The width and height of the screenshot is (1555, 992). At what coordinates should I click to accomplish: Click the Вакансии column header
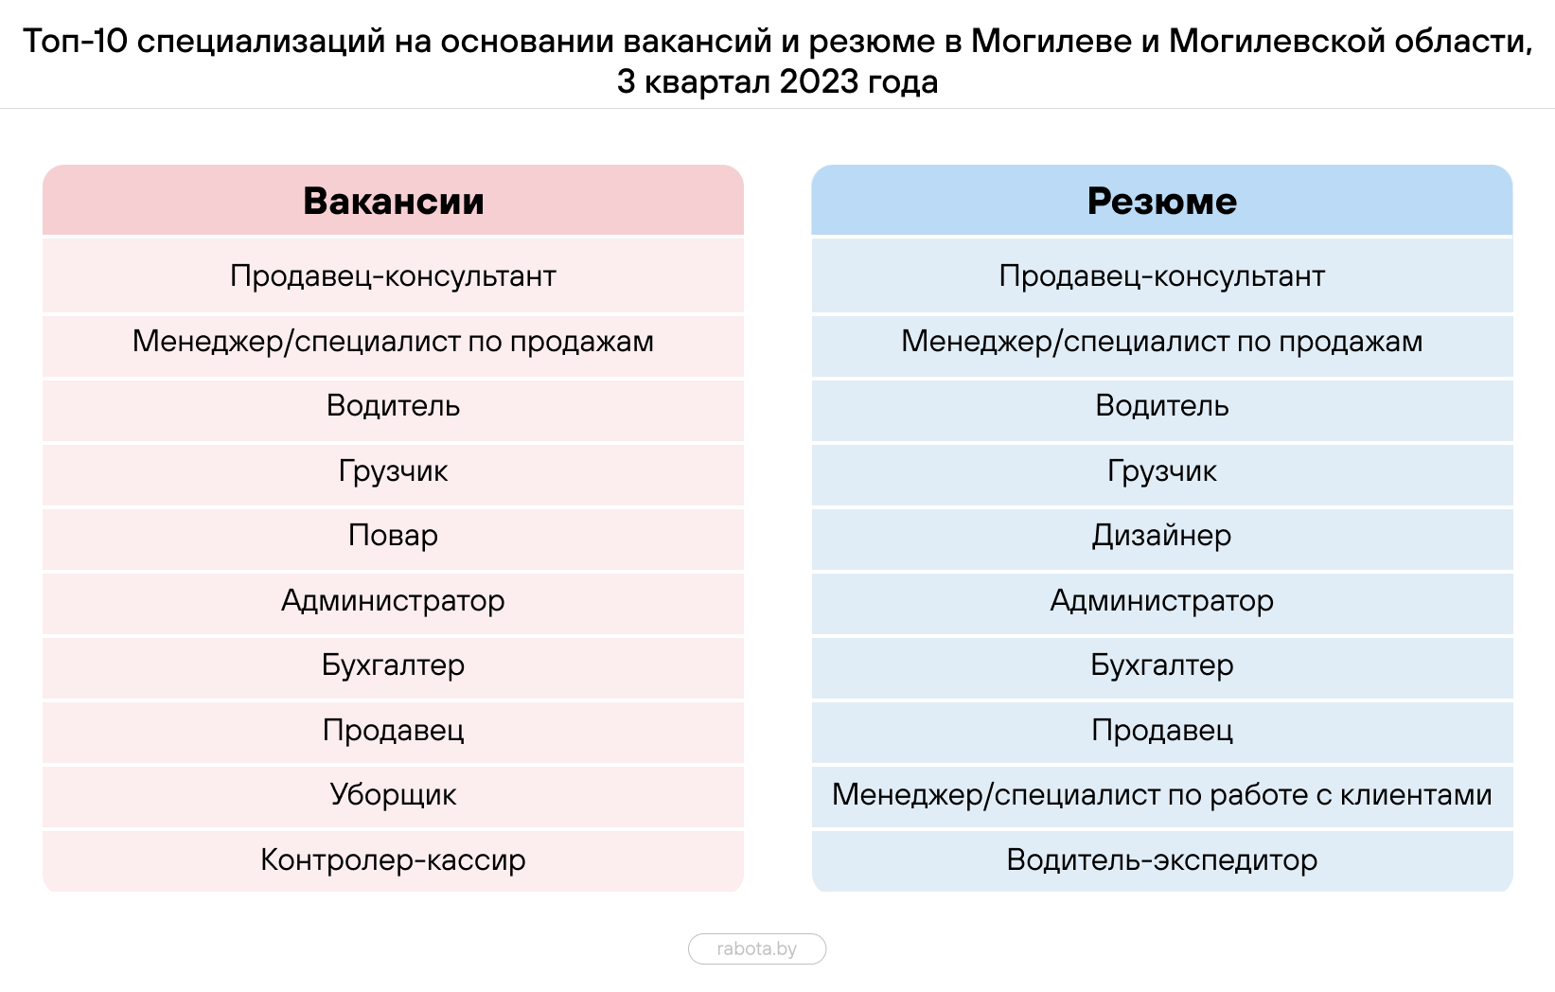[393, 202]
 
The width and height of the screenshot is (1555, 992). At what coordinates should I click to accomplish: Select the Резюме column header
[1161, 202]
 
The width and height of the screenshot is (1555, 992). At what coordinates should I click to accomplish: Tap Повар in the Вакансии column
[393, 536]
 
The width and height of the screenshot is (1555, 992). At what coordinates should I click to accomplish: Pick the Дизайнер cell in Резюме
[1161, 536]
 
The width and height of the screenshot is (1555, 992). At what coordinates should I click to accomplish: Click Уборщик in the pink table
[393, 795]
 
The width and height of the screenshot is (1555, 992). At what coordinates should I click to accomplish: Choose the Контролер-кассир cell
[393, 860]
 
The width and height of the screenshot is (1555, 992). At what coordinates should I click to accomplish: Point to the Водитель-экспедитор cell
[1161, 860]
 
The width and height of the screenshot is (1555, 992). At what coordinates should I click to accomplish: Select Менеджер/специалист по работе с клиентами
[1161, 795]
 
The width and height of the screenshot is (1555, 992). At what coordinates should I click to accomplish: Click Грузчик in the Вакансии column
[393, 471]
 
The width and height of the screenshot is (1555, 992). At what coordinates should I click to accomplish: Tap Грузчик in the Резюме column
[1161, 471]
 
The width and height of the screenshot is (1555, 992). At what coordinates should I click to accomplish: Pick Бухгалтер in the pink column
[393, 665]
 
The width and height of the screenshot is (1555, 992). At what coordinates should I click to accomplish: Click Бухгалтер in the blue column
[1161, 665]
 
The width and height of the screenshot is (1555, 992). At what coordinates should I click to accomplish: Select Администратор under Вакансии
[393, 601]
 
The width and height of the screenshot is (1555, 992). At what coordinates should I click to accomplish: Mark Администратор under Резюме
[1161, 601]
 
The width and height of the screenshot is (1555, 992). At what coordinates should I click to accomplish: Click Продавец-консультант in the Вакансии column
[393, 276]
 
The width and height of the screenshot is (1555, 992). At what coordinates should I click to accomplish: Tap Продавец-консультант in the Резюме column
[1161, 276]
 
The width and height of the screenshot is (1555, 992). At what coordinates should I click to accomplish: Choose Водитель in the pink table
[393, 406]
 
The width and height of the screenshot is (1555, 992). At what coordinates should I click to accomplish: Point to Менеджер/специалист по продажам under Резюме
[1161, 342]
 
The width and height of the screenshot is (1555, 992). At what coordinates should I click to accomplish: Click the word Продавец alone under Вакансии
[393, 731]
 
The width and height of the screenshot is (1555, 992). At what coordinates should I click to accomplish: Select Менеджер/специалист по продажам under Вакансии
[393, 342]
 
